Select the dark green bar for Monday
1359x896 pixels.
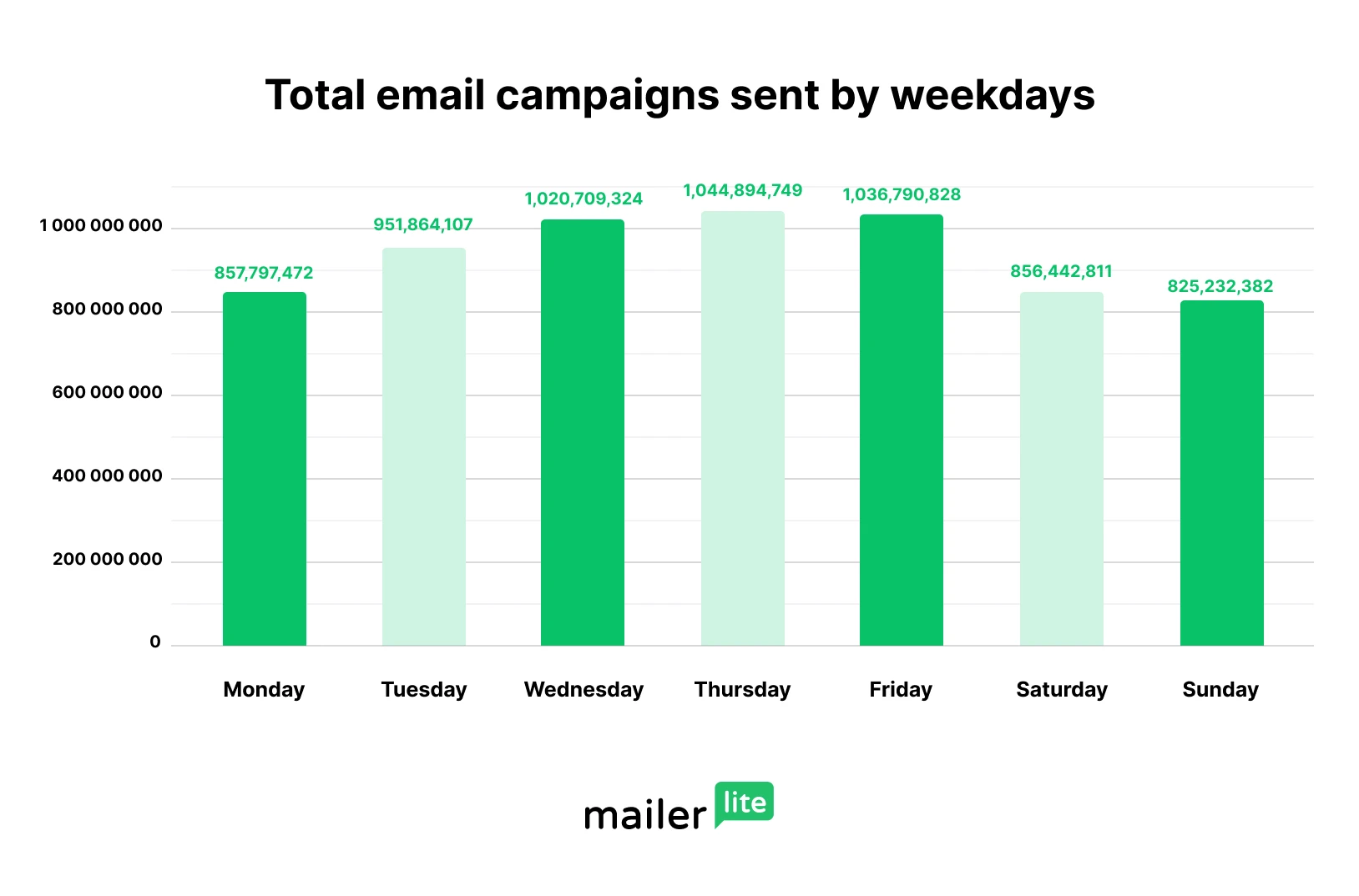pos(264,469)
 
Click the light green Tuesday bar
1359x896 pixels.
pos(423,446)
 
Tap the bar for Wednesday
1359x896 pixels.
pos(583,432)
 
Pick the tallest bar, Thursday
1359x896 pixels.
pos(742,428)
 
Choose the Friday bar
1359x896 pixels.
pos(902,430)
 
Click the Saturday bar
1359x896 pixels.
pos(1061,469)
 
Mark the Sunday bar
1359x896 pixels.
pos(1221,473)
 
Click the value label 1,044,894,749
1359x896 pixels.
pos(742,190)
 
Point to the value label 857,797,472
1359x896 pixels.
pos(264,273)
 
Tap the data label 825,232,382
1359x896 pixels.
pos(1220,286)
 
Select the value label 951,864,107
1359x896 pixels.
pos(423,224)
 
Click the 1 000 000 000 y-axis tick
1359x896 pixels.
pos(101,226)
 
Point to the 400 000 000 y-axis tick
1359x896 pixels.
pos(107,476)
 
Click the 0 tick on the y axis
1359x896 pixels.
pos(155,642)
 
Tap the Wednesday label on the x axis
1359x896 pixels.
pos(584,690)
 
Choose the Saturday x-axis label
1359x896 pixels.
pos(1061,690)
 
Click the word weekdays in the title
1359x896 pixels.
pos(993,95)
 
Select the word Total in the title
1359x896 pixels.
pos(315,95)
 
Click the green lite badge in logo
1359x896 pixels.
pos(744,803)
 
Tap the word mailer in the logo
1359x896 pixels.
pos(645,815)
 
